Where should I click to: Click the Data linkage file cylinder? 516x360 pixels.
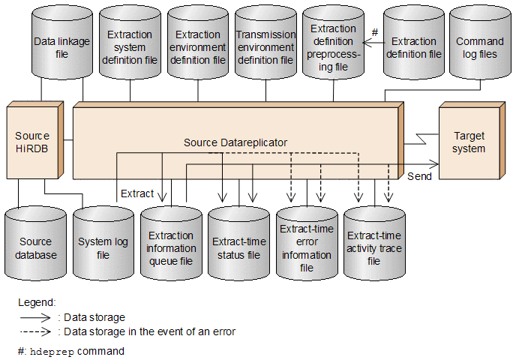tap(61, 43)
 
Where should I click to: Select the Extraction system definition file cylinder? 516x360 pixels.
tap(130, 43)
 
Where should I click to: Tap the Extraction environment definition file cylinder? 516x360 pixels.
tap(198, 43)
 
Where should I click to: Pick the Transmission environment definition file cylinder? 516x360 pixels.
tap(266, 43)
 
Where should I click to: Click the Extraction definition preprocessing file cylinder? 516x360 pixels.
tap(333, 43)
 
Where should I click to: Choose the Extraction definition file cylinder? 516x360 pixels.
tap(414, 43)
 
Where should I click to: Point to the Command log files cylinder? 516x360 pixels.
tap(480, 43)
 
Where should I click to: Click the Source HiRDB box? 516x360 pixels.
tap(35, 140)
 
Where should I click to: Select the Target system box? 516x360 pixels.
tap(472, 140)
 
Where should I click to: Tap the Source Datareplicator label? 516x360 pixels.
tap(235, 142)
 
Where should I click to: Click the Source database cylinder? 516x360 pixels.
tap(35, 244)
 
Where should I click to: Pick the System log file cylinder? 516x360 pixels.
tap(103, 244)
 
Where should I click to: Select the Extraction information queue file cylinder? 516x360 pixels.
tap(171, 244)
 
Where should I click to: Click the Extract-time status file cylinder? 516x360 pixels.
tap(239, 244)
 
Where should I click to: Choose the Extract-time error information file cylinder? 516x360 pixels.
tap(307, 244)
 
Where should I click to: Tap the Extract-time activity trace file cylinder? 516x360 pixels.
tap(374, 244)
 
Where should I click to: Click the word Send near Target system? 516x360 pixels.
tap(419, 176)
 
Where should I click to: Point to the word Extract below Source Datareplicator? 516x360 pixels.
tap(137, 193)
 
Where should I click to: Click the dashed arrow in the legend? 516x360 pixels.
tap(35, 331)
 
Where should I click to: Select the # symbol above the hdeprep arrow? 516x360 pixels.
tap(375, 32)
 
